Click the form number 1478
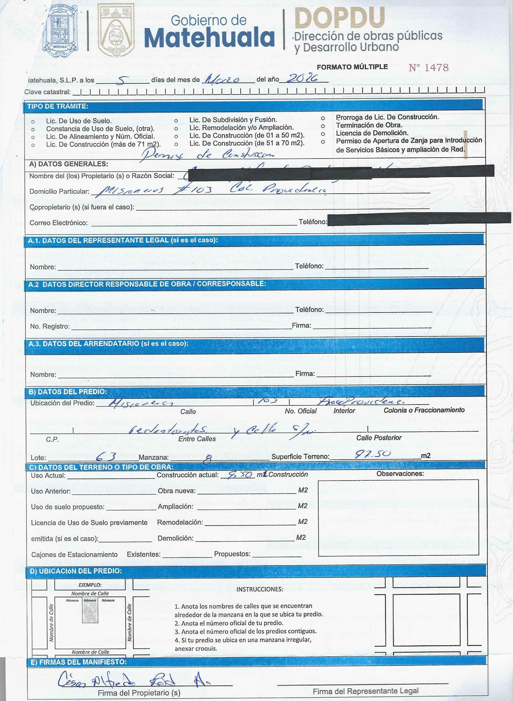(428, 67)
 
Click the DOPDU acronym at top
(340, 18)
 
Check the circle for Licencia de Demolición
(323, 134)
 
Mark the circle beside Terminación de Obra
(323, 126)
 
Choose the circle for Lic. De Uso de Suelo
(33, 122)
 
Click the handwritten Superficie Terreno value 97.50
(373, 454)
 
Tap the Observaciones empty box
(398, 517)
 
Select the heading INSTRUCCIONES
(260, 589)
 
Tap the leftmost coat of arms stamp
(60, 33)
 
